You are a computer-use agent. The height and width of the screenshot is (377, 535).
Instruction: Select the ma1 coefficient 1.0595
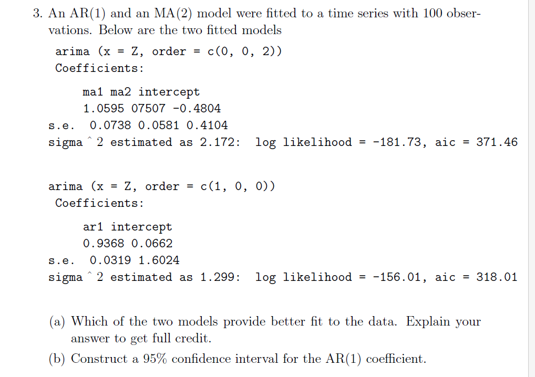point(104,109)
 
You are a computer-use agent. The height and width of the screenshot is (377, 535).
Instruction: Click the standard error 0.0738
point(110,125)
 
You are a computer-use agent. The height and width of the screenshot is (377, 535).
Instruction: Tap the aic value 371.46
point(497,142)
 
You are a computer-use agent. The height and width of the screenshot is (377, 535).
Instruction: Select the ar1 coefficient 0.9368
point(104,244)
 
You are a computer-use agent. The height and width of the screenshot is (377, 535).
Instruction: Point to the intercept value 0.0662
point(151,244)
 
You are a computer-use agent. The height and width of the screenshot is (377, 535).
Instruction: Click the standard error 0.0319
point(110,260)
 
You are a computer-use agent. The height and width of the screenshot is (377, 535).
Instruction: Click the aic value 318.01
point(497,277)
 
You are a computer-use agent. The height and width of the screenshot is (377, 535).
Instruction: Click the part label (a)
point(57,321)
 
